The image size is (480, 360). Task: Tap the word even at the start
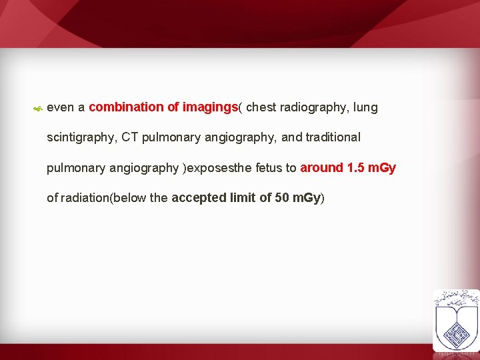61,107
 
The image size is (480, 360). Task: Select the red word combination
121,107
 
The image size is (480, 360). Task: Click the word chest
261,107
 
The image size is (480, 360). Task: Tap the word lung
366,107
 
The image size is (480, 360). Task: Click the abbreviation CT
130,137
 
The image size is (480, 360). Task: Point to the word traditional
333,137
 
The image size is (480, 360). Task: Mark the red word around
322,168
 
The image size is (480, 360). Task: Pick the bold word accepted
199,198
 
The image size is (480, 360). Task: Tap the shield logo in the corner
456,319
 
